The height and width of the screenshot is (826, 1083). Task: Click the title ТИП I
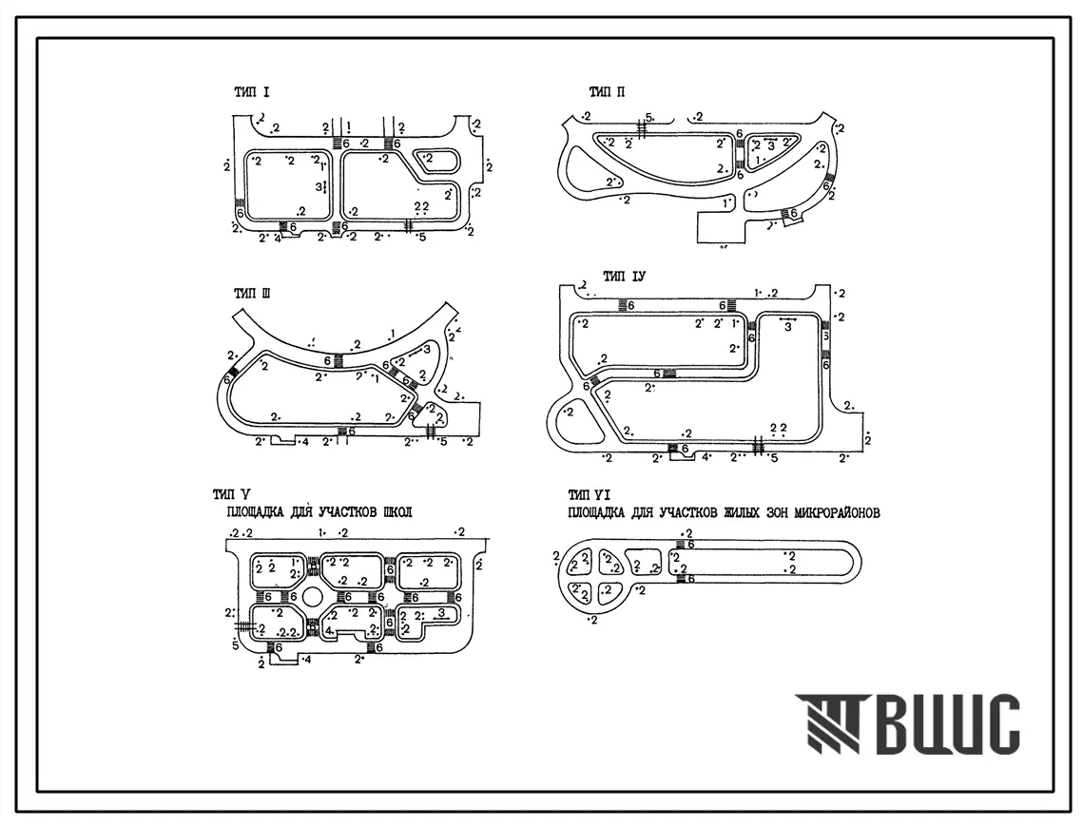(x=252, y=92)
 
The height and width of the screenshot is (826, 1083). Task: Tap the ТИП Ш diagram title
(x=252, y=294)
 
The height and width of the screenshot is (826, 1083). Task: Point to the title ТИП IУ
(x=626, y=277)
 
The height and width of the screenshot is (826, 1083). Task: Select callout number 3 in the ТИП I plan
(x=319, y=187)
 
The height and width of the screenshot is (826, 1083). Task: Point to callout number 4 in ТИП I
(x=277, y=239)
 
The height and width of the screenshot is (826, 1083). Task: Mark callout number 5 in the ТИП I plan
(x=422, y=236)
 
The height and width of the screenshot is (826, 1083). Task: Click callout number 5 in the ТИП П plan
(x=648, y=117)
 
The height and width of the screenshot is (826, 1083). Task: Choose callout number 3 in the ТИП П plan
(x=771, y=144)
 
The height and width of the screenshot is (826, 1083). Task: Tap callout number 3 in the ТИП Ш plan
(x=427, y=350)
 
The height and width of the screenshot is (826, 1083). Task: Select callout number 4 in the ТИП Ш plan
(x=305, y=442)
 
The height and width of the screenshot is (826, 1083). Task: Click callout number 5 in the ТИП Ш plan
(x=443, y=442)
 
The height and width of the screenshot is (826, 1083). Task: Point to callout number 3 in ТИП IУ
(x=787, y=328)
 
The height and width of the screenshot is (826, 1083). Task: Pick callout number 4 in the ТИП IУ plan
(x=705, y=457)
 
